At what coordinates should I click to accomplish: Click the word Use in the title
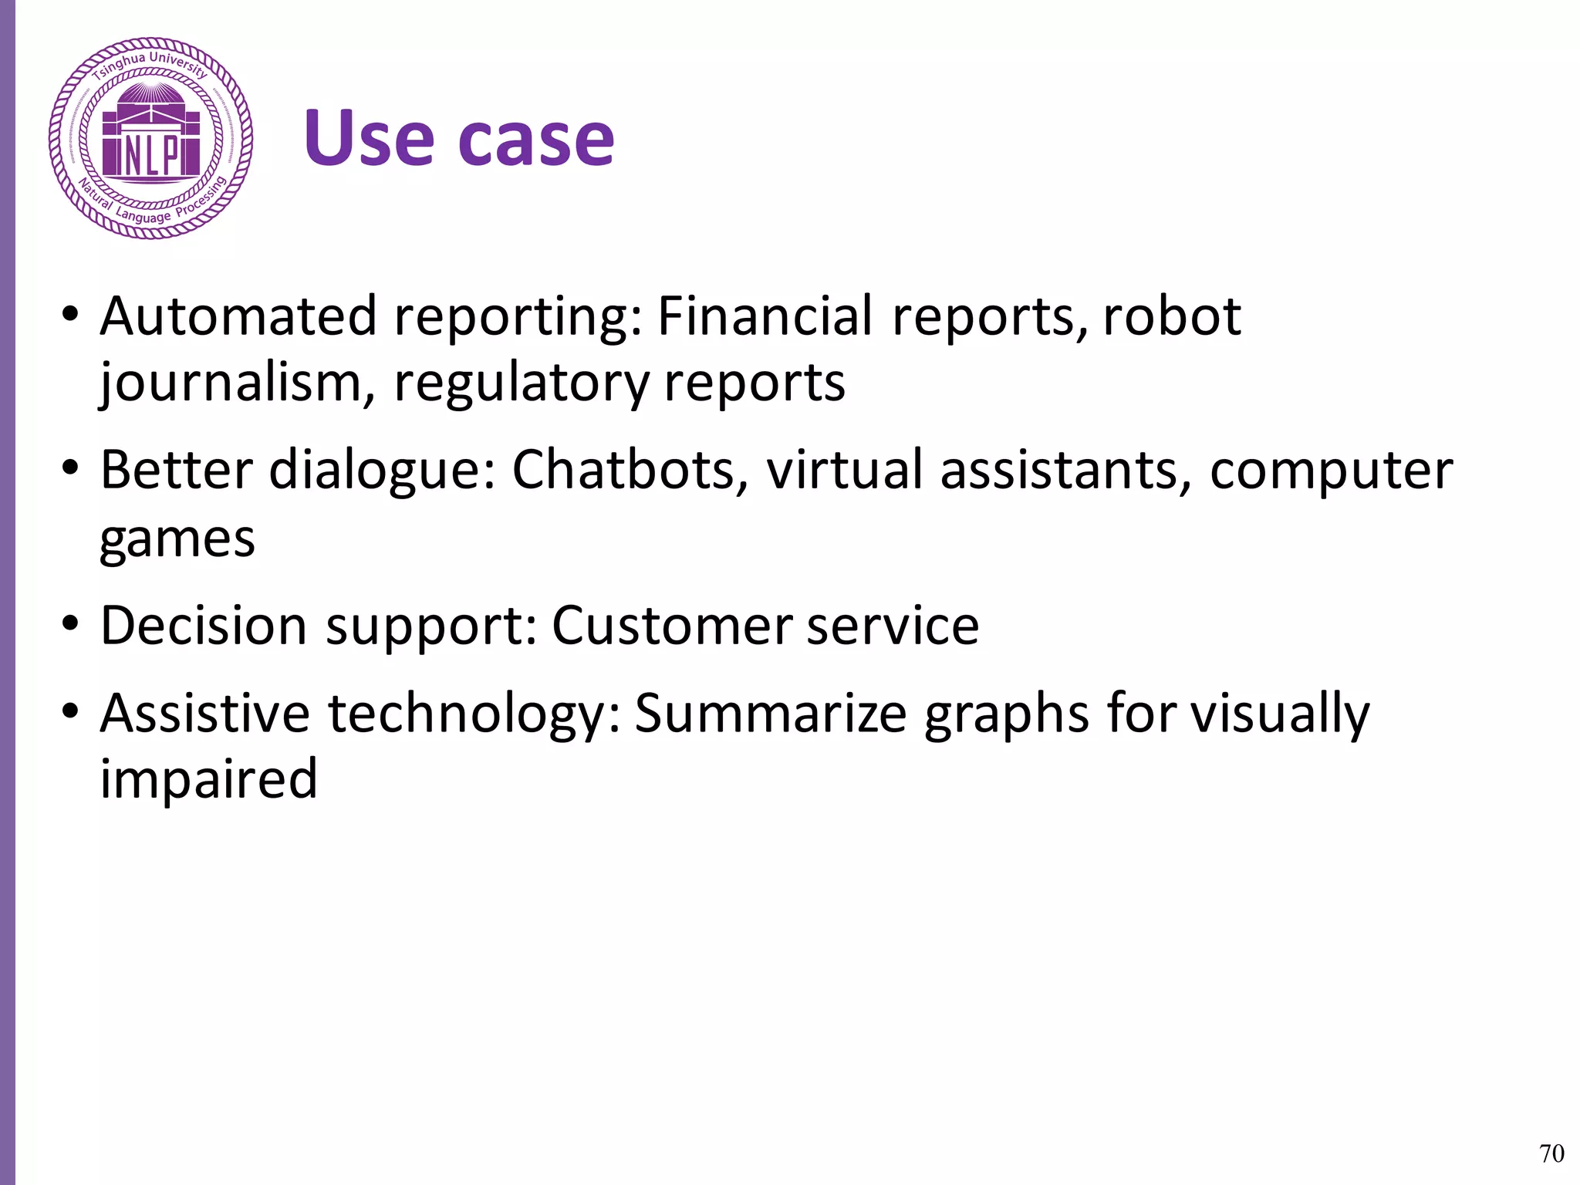[369, 139]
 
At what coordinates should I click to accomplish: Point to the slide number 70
[1551, 1153]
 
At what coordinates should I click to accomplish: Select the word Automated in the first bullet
[238, 316]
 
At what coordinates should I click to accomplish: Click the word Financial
[765, 316]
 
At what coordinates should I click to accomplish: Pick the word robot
[1171, 316]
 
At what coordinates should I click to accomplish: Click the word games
[177, 539]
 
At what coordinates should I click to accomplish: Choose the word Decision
[204, 625]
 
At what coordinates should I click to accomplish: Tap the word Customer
[671, 625]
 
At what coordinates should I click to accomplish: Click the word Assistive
[205, 713]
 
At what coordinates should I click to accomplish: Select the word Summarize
[770, 713]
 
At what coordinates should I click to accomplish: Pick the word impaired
[209, 779]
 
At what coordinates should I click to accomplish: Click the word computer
[1331, 470]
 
